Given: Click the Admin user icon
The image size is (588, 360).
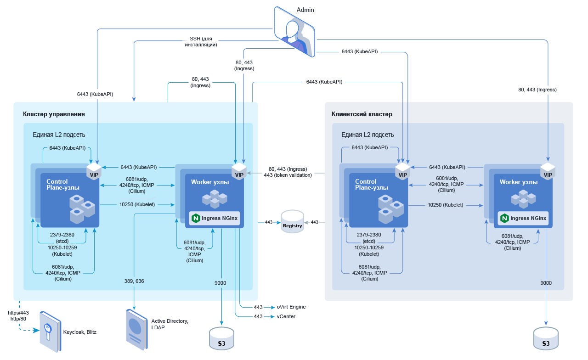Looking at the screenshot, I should click(294, 32).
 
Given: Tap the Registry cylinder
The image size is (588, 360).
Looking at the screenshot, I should click(293, 222).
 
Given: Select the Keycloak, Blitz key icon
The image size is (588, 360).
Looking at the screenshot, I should click(49, 332).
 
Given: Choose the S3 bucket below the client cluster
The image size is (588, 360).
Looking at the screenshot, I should click(546, 339).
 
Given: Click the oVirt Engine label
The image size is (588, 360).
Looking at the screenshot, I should click(291, 307).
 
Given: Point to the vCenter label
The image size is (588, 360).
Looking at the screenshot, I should click(286, 316).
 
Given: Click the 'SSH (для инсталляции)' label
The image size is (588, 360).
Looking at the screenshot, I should click(201, 42).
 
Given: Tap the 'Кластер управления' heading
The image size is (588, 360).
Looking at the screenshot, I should click(54, 114).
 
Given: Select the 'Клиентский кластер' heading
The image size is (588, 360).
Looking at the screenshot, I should click(362, 114).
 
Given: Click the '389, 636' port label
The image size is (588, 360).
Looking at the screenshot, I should click(134, 281).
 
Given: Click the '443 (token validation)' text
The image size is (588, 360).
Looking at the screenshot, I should click(288, 175).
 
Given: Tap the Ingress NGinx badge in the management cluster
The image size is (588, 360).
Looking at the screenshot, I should click(215, 218).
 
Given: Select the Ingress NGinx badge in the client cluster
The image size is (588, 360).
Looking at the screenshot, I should click(523, 218).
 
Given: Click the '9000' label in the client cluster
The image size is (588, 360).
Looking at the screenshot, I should click(546, 283).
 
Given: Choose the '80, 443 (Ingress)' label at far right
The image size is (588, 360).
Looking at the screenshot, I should click(537, 90).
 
